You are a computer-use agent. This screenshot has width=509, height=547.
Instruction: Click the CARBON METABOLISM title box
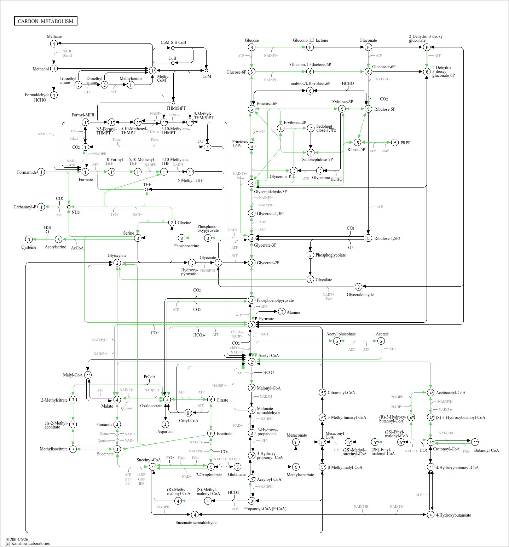46,21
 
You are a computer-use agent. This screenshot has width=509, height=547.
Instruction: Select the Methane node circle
54,44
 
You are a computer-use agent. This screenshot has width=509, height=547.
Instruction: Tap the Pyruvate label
266,319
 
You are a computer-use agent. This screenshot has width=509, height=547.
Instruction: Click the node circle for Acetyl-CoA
251,362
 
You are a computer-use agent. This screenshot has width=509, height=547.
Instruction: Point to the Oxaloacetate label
151,406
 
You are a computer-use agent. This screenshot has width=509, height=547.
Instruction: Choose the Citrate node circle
211,400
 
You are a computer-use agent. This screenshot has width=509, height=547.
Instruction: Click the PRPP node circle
395,143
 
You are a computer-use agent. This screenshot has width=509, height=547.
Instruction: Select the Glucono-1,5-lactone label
310,40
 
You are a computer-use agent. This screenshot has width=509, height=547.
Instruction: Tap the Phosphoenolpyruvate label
275,300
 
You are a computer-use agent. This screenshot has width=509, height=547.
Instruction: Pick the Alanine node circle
282,312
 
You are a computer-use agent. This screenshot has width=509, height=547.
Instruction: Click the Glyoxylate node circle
117,263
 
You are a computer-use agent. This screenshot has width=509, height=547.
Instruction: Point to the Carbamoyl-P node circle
41,207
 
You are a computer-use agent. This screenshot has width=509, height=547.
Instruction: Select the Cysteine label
29,247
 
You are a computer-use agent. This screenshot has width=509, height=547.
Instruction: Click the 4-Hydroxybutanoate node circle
430,515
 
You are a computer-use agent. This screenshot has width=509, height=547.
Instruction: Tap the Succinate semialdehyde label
196,523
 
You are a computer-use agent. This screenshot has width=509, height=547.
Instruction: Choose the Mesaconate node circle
296,442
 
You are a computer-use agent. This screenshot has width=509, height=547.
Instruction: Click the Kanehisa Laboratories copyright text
28,543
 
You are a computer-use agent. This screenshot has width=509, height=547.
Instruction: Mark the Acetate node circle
381,341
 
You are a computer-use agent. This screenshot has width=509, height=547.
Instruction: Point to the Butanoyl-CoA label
486,450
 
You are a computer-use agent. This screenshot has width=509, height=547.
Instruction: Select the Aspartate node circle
165,424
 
